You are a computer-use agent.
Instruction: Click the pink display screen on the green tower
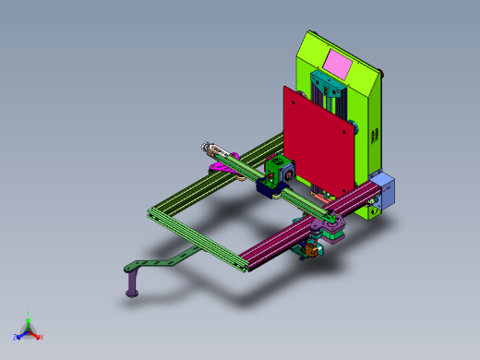coord(339,65)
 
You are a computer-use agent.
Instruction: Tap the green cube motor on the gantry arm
coord(278,171)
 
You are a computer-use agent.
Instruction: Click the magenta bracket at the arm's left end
coord(223,163)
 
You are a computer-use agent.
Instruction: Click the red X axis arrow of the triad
coord(36,335)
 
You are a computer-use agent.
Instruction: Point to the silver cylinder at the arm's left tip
coord(211,147)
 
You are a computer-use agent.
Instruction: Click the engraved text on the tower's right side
coord(375,135)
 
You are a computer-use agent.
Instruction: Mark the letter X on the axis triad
coord(42,337)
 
